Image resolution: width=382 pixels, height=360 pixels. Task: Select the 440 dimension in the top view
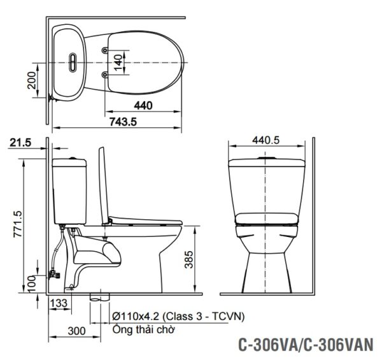144,106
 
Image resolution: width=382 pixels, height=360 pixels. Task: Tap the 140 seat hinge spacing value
117,61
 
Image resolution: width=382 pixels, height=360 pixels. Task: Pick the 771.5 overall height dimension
18,223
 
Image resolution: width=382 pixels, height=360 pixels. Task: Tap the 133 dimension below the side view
59,304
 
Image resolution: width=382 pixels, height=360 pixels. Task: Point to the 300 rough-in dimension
77,330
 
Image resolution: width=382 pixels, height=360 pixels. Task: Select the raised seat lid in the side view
102,185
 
